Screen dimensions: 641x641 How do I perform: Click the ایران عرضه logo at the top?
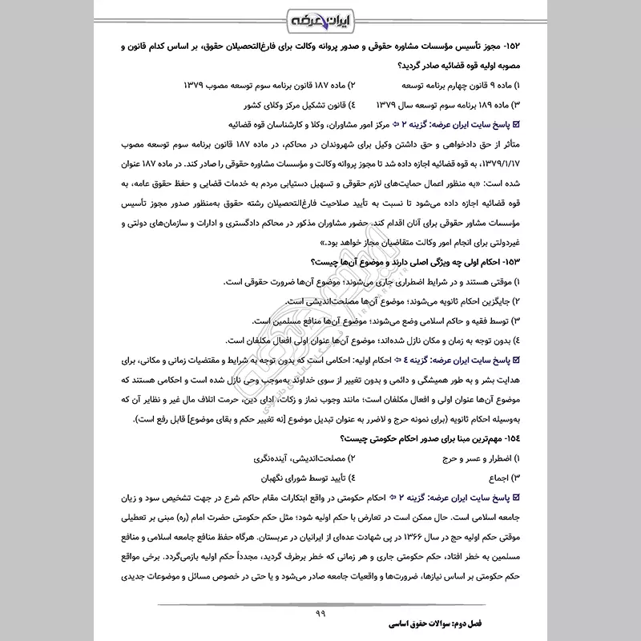coord(320,19)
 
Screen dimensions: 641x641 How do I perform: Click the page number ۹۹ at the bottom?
coord(320,615)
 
